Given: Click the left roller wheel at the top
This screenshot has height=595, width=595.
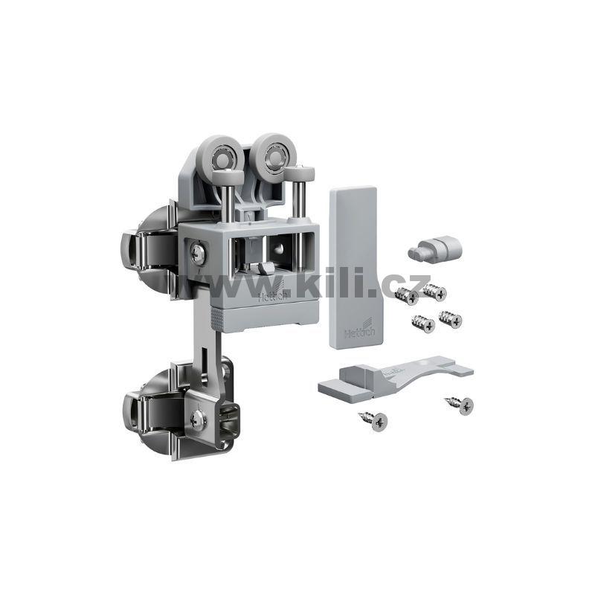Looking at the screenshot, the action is tap(220, 155).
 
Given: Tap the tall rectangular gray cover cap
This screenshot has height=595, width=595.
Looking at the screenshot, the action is tap(354, 267).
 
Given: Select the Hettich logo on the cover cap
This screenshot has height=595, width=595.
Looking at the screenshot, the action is tap(360, 329).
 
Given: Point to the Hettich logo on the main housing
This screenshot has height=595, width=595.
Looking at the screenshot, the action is tap(273, 292).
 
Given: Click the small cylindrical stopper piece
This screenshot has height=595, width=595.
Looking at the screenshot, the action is tap(435, 249).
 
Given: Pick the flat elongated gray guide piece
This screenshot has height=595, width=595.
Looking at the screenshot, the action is tap(396, 377).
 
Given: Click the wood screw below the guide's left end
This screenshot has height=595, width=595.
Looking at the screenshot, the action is tap(373, 420).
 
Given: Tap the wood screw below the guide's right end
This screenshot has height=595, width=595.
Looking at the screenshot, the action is tap(460, 405).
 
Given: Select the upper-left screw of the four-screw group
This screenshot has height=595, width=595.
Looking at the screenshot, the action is tap(406, 295).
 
